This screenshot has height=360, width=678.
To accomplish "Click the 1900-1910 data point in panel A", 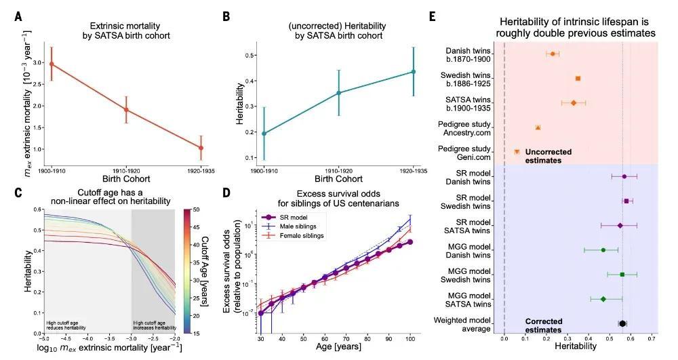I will (x=52, y=64).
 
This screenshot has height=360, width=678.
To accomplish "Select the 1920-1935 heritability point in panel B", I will (x=413, y=72).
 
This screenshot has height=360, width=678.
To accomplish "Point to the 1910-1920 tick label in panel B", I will (x=338, y=171).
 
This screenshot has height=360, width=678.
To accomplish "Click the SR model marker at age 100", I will (x=410, y=242).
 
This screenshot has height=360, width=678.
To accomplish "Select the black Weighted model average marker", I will (x=622, y=324).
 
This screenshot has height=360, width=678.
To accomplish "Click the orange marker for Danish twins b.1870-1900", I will (x=553, y=54).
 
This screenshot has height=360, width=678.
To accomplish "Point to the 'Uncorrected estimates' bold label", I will (x=547, y=156).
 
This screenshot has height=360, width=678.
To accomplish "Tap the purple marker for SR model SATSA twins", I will (x=620, y=225).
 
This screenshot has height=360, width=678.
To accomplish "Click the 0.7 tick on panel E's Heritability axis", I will (x=652, y=337).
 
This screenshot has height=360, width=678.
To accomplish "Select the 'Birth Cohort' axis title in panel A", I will (x=127, y=179).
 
